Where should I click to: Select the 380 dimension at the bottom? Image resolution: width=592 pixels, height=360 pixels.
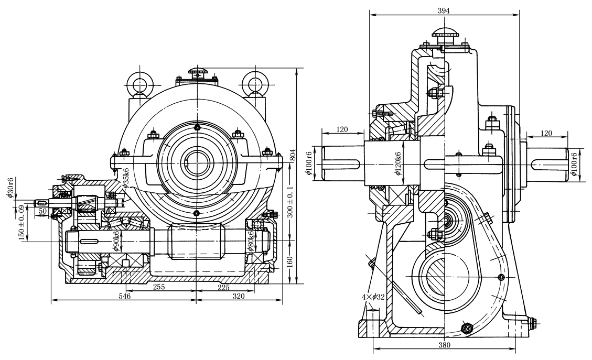444,345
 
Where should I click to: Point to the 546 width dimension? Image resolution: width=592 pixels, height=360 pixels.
124,296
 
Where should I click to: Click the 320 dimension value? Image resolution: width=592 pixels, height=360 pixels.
239,296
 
